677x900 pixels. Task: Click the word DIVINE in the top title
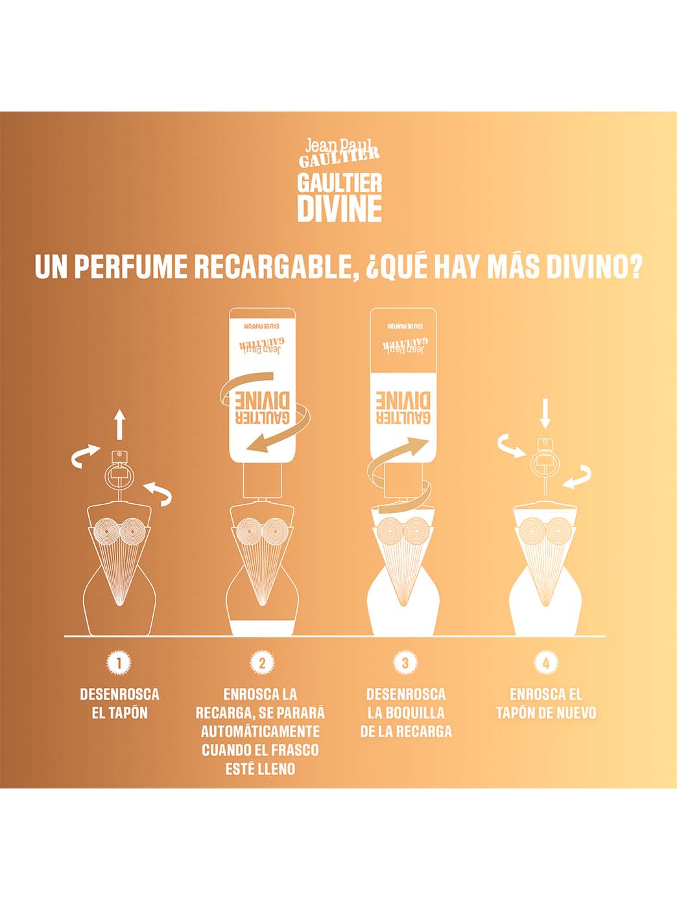click(338, 208)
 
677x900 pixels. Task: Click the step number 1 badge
click(119, 663)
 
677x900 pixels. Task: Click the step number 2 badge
click(261, 663)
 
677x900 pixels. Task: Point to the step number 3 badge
click(405, 663)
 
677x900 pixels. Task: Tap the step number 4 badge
click(546, 663)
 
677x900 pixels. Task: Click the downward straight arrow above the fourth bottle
click(545, 414)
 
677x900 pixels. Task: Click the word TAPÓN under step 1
click(128, 713)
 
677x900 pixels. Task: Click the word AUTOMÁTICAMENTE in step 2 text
click(260, 731)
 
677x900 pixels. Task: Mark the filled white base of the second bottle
click(262, 628)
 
